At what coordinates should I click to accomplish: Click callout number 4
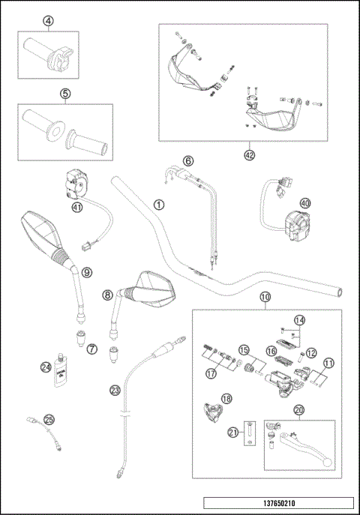click(x=48, y=21)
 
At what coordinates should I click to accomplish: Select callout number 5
click(x=65, y=94)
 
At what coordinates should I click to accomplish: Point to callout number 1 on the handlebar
click(x=158, y=203)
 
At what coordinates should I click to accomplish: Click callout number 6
click(x=188, y=160)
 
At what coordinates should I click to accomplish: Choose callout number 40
click(x=304, y=202)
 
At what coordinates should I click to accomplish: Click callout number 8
click(x=108, y=295)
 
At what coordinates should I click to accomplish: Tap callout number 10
click(x=264, y=298)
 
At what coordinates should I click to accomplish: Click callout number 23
click(x=115, y=389)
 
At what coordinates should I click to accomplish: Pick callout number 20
click(x=298, y=410)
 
